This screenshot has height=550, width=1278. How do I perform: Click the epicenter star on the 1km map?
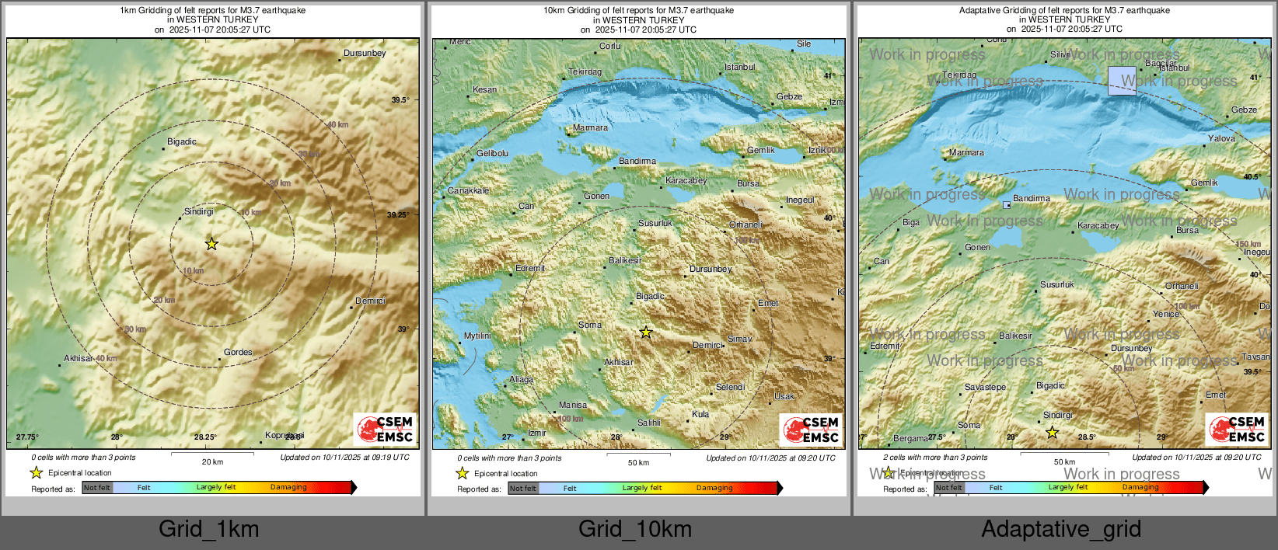tap(211, 244)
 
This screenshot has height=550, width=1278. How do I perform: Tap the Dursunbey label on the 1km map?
tap(365, 54)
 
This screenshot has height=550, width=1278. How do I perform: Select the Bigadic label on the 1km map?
tap(182, 141)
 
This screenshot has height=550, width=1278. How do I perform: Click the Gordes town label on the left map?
tap(238, 352)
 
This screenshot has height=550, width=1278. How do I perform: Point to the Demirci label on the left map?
tap(370, 301)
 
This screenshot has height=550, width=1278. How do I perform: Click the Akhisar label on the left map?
tap(79, 358)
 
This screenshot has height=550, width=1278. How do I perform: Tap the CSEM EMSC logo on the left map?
tap(386, 430)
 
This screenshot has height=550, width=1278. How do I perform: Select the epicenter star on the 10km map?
tap(646, 332)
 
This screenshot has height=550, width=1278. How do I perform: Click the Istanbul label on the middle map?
tap(739, 68)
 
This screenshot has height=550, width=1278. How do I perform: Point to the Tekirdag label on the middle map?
tap(585, 71)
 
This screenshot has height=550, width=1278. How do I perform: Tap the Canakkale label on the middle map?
tap(468, 190)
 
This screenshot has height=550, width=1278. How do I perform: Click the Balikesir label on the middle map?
tap(625, 260)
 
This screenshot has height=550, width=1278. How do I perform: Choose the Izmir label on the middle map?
tap(537, 433)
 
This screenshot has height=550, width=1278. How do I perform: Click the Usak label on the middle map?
tap(784, 396)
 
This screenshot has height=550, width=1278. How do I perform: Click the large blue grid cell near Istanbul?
tap(1122, 81)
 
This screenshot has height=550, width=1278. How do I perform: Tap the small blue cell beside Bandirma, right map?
tap(1007, 205)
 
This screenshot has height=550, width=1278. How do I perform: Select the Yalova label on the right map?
tap(1221, 138)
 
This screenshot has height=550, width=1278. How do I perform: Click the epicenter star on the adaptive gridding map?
tap(1052, 433)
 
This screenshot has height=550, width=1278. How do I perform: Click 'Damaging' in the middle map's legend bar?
tap(714, 488)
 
